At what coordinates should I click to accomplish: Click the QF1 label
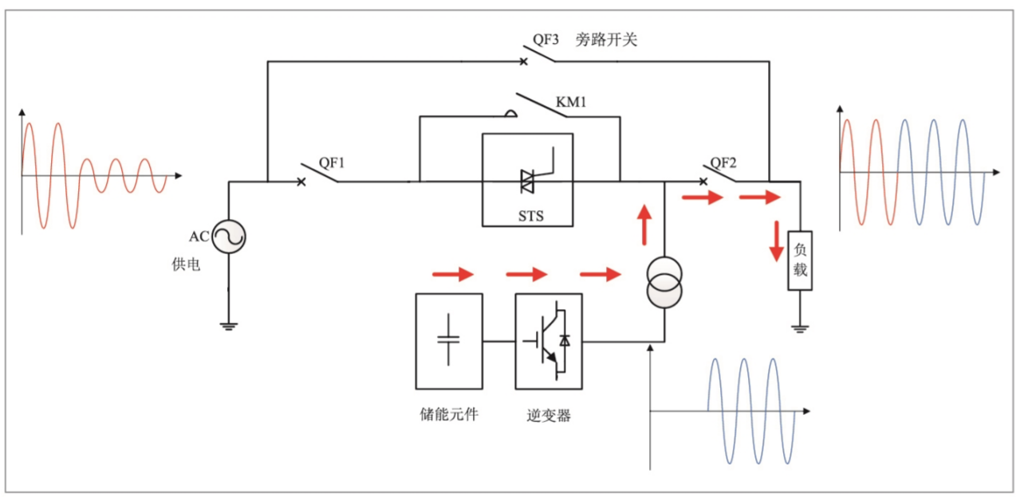coord(332,162)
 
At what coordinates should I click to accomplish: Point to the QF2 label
coord(723,162)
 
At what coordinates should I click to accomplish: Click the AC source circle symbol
coord(229,237)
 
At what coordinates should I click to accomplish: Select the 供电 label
coord(186,264)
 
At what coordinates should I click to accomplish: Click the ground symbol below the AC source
coord(229,324)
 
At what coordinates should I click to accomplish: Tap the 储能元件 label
coord(449,414)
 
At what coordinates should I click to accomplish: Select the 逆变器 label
coord(549,415)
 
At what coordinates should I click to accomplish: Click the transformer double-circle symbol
coord(665,283)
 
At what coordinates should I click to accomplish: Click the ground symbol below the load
coord(800,326)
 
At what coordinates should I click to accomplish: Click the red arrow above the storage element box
coord(452,275)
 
